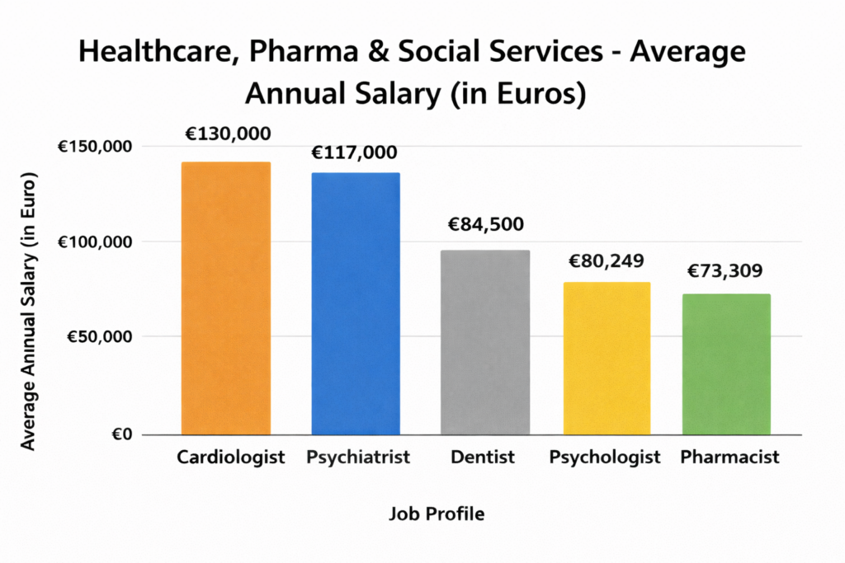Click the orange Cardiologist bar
click(226, 298)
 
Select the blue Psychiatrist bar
click(356, 303)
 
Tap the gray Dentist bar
click(484, 341)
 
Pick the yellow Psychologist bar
click(607, 358)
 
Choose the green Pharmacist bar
click(727, 364)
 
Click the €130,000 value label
click(227, 134)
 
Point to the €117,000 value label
click(354, 152)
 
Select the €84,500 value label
click(485, 224)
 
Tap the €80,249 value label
click(607, 261)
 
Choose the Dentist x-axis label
click(484, 457)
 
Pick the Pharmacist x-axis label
click(729, 457)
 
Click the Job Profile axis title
click(437, 514)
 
